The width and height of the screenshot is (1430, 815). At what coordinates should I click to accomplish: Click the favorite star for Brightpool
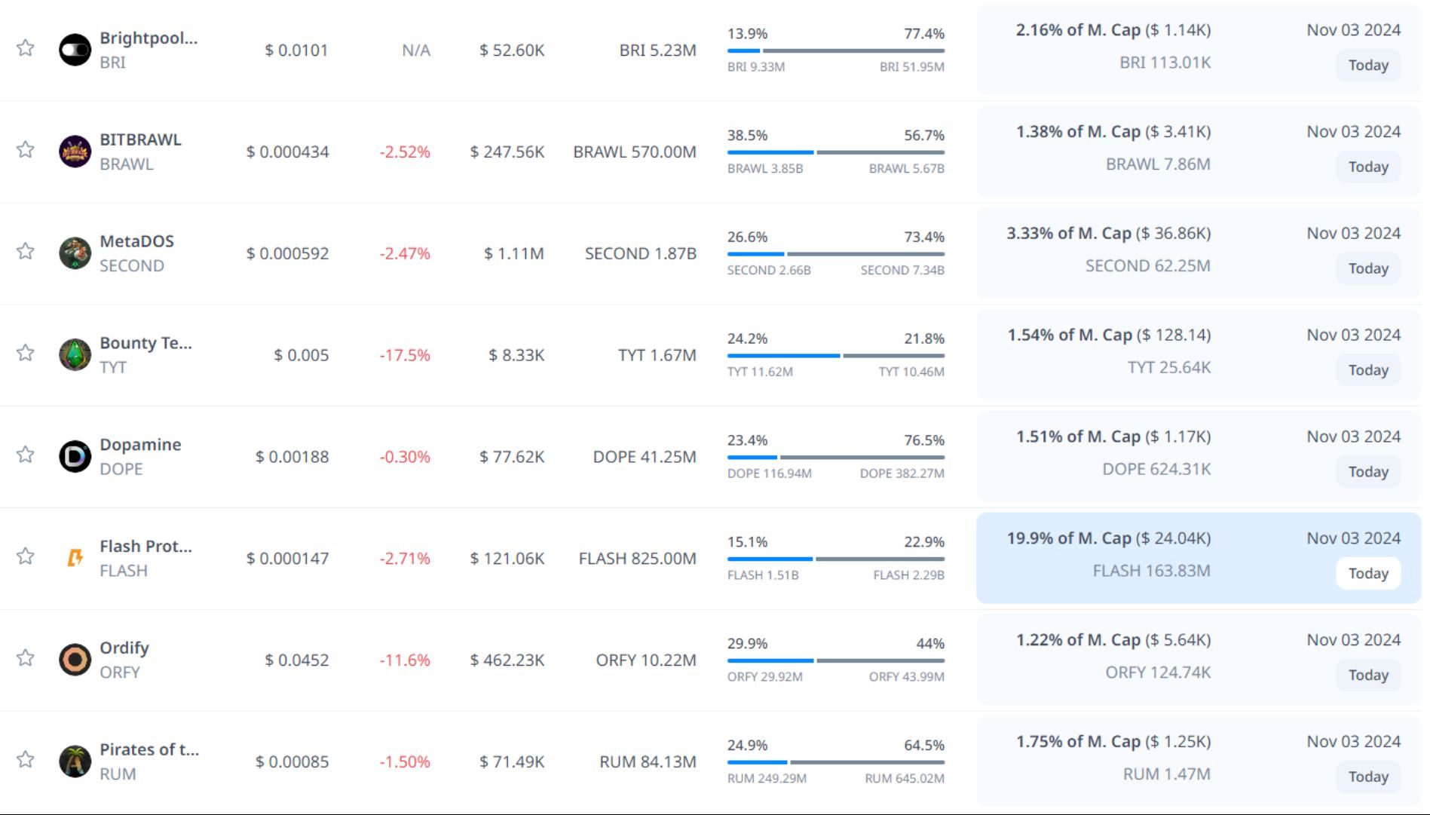click(26, 48)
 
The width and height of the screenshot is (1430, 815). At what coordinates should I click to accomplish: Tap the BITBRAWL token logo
click(75, 152)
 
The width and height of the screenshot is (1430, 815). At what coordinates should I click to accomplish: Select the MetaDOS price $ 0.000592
click(287, 253)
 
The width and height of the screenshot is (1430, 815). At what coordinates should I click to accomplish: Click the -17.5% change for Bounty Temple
click(405, 355)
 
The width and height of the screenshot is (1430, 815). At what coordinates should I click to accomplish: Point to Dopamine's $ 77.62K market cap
click(512, 457)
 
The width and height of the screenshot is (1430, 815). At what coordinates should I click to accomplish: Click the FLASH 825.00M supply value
click(637, 559)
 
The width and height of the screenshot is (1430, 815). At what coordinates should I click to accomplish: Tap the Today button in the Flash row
click(1367, 574)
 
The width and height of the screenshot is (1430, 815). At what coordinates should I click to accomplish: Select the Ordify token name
click(124, 648)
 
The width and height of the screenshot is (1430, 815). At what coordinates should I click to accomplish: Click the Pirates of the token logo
click(75, 761)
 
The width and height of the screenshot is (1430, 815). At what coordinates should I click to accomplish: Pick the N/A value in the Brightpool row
click(416, 51)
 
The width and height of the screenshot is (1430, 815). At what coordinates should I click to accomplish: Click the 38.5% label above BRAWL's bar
click(747, 136)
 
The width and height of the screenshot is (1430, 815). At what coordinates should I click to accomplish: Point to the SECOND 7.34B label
click(902, 270)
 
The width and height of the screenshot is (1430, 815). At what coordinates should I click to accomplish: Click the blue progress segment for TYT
click(782, 355)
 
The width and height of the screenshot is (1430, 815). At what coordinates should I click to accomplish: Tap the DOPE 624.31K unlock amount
click(1156, 469)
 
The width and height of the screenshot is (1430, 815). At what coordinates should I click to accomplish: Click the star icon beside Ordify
click(26, 658)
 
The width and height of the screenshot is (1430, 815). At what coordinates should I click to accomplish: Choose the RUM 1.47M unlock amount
click(1166, 774)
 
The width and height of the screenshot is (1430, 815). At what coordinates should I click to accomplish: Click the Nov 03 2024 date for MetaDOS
click(1353, 234)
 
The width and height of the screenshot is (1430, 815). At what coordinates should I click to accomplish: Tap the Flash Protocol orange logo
click(75, 558)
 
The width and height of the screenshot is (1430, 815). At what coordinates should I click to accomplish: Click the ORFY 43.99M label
click(906, 677)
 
